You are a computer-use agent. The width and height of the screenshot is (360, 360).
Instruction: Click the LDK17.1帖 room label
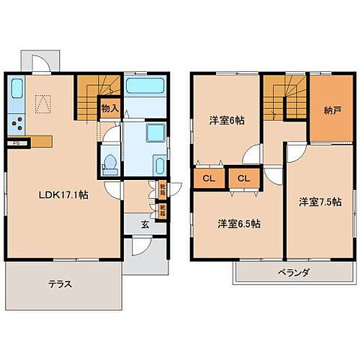tap(63, 195)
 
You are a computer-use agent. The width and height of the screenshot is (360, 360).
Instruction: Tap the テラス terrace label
tap(61, 284)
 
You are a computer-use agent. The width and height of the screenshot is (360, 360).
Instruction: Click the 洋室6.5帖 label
tap(239, 223)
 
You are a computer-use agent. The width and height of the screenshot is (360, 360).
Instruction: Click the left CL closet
tap(207, 178)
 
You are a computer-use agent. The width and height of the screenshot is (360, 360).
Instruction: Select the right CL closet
tap(243, 178)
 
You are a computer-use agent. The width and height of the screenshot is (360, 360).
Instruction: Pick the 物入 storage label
tap(110, 109)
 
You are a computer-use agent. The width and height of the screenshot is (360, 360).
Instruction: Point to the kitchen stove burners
tap(17, 123)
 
